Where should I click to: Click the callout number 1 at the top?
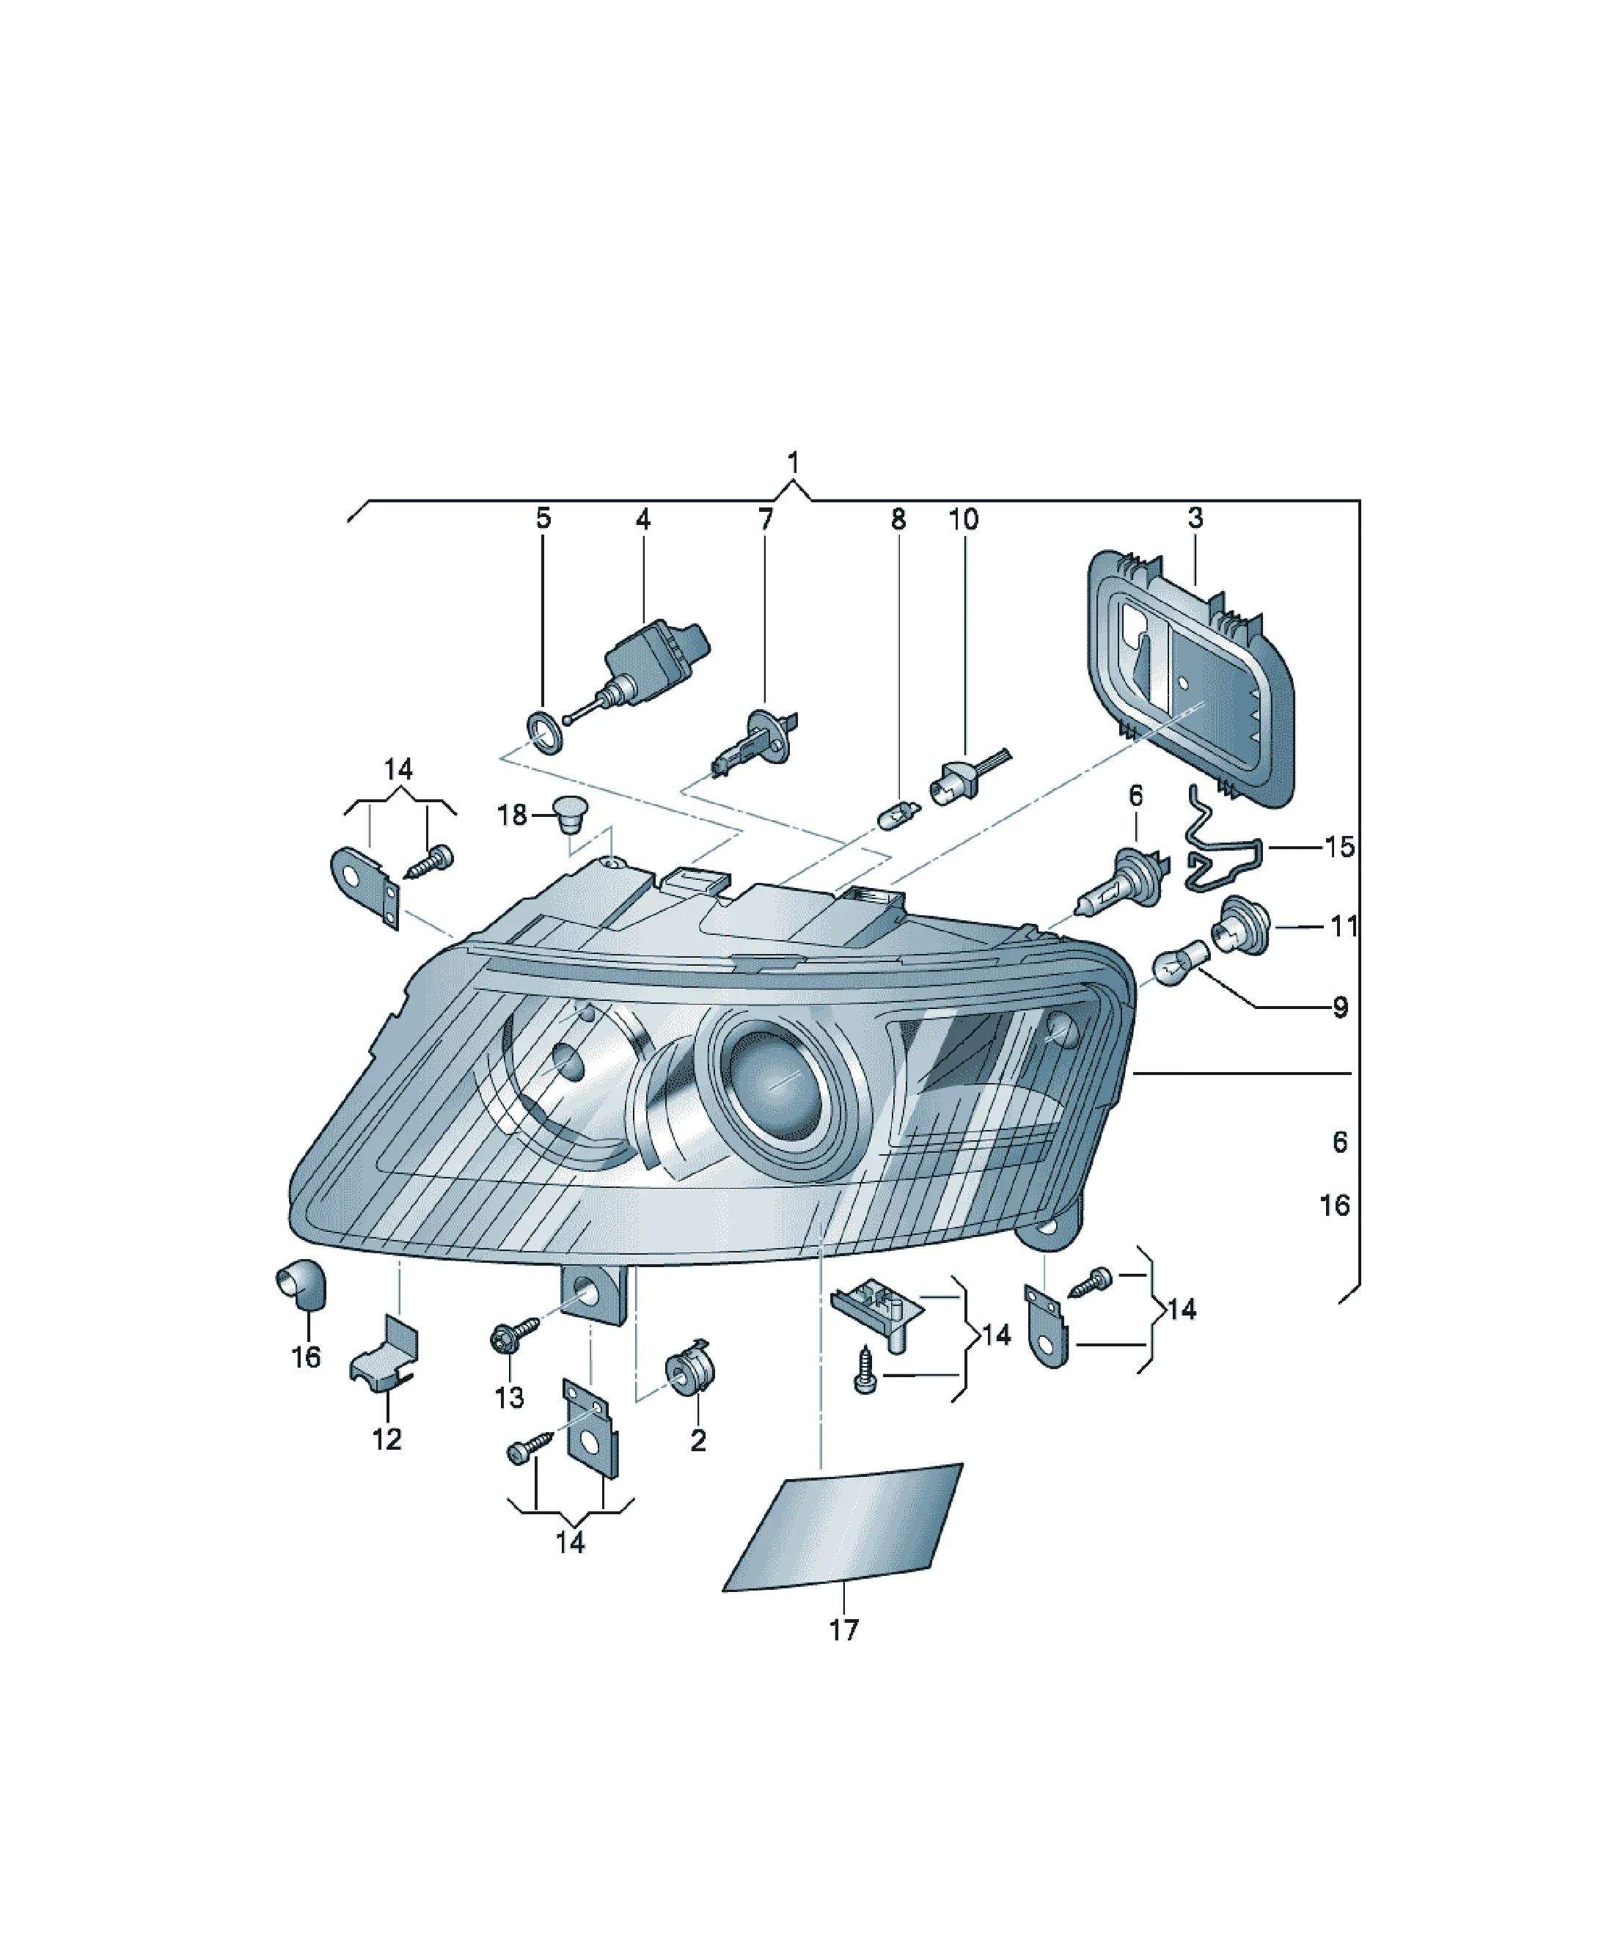pos(793,462)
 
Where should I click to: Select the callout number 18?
pos(512,815)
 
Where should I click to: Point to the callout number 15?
pos(1339,846)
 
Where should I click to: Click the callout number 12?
pos(387,1439)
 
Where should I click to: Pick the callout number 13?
pos(509,1397)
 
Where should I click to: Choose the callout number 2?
pos(698,1439)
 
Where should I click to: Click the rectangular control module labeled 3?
pos(1191,681)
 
